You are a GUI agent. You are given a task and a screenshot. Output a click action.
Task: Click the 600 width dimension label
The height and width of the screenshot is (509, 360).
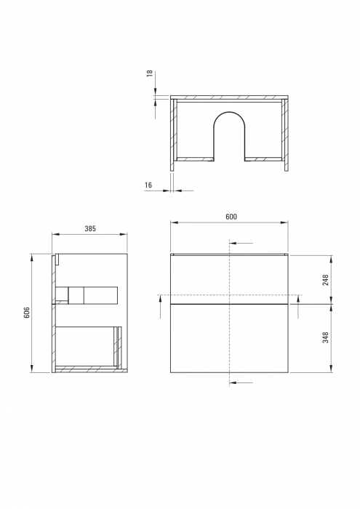click(231, 217)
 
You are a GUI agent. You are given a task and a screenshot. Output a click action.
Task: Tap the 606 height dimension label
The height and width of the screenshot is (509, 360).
click(27, 313)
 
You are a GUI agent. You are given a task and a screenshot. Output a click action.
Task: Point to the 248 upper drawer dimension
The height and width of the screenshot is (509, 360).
click(326, 279)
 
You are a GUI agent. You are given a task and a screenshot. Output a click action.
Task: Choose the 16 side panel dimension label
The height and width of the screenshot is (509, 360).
click(148, 185)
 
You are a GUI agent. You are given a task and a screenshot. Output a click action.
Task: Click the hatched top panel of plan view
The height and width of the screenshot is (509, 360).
click(231, 98)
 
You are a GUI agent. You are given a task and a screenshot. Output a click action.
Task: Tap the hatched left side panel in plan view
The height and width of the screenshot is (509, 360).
click(174, 135)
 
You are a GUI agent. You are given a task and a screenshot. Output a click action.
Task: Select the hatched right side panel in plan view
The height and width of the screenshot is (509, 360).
click(287, 135)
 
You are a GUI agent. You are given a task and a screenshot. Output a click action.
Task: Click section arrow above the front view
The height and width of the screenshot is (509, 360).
click(243, 243)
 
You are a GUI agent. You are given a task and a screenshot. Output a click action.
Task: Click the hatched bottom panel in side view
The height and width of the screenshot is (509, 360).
click(84, 369)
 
